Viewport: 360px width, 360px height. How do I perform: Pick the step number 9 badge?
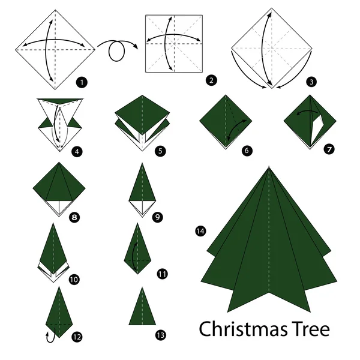click(x=158, y=217)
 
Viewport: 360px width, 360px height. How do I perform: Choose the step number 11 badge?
click(x=162, y=274)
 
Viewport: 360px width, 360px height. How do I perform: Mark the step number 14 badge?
click(x=199, y=230)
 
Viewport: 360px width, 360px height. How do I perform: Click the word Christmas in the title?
click(x=243, y=328)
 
